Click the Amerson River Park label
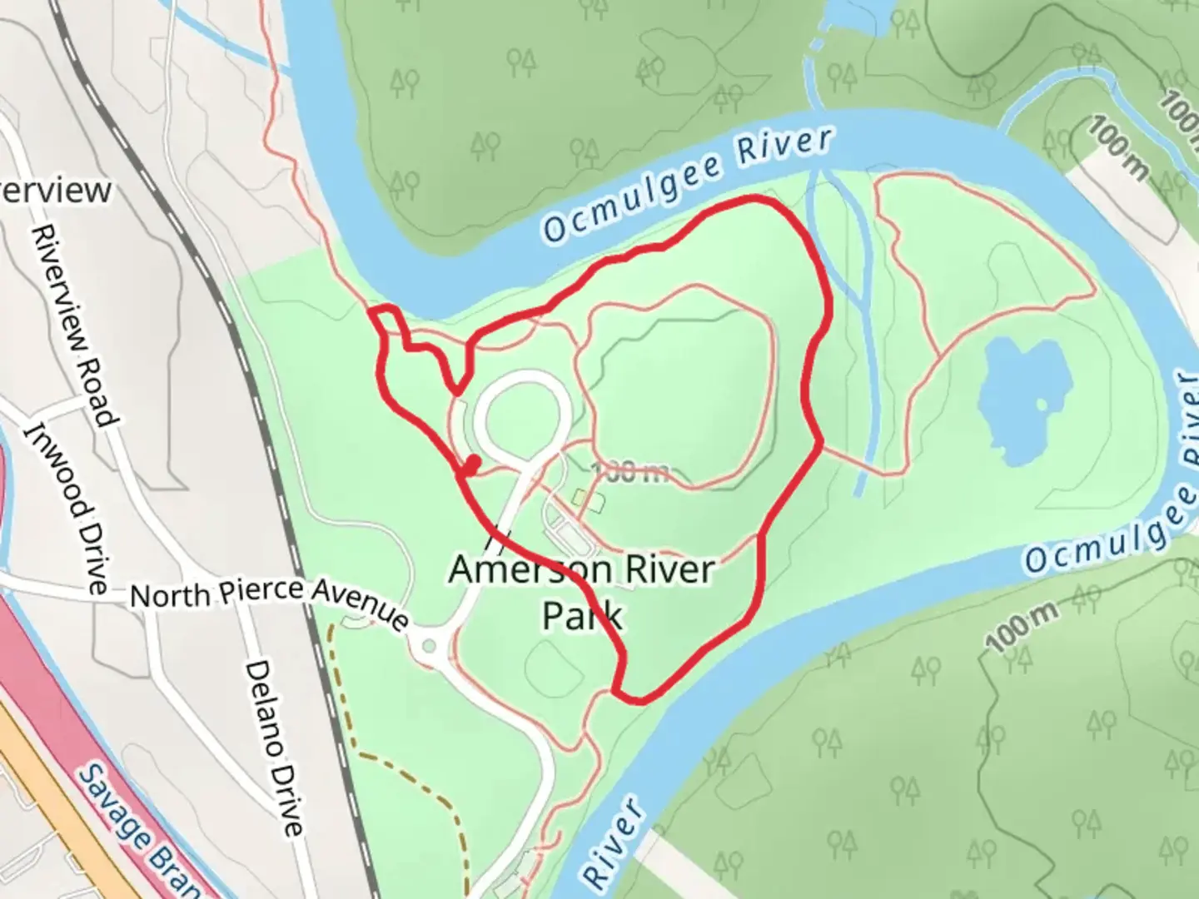point(582,592)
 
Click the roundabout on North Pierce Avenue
point(430,645)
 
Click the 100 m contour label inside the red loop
point(629,473)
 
